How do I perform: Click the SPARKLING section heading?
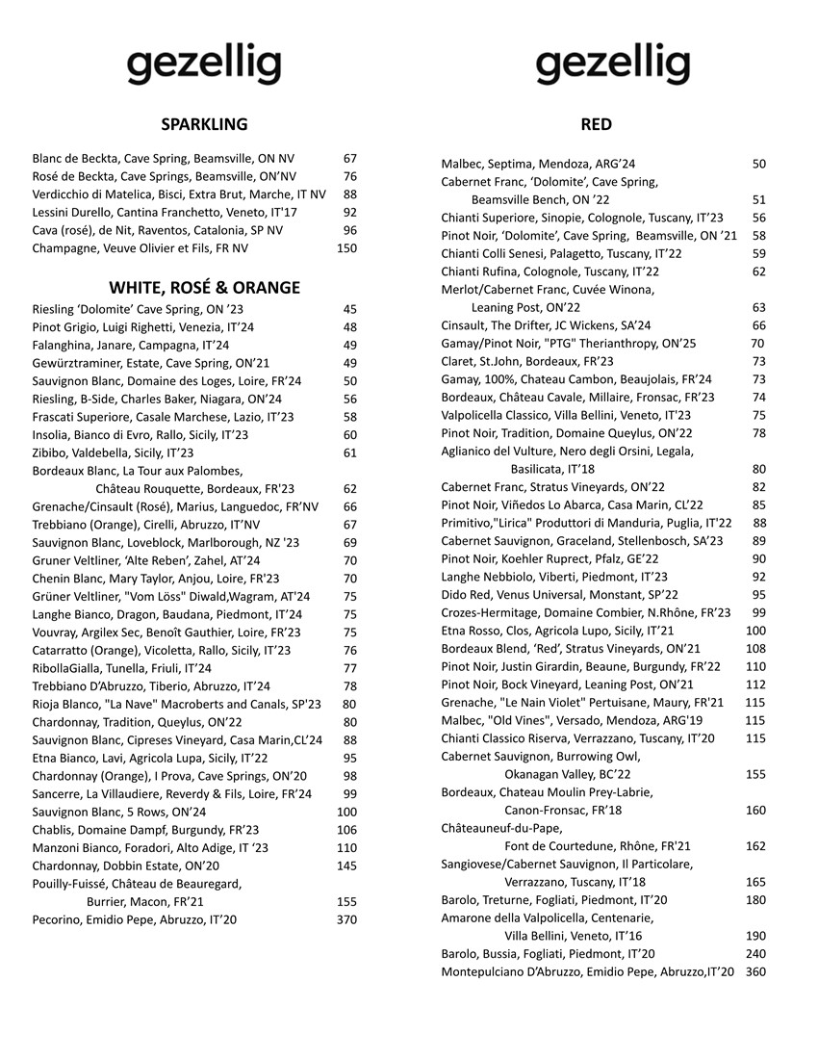tap(204, 124)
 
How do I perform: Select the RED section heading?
tap(597, 124)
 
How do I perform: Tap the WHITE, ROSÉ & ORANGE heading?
tap(204, 288)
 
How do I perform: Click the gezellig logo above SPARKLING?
tap(204, 65)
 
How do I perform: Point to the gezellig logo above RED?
tap(613, 65)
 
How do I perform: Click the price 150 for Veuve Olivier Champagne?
tap(346, 248)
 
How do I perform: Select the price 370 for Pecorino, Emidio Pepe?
tap(346, 919)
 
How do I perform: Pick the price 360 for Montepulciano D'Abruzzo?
tap(755, 972)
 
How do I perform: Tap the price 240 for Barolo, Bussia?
tap(755, 954)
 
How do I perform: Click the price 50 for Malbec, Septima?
tap(759, 165)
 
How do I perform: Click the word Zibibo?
tap(51, 452)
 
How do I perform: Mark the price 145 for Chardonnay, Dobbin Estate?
tap(346, 865)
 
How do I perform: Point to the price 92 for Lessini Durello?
tap(349, 212)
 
